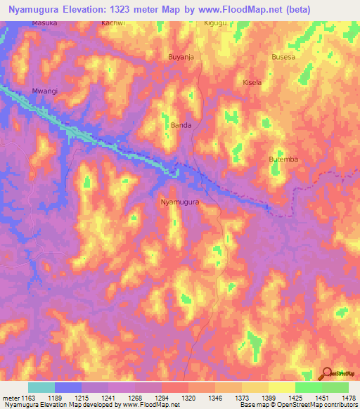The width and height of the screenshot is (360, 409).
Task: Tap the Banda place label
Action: [181, 126]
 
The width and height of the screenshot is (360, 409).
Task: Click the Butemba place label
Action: [283, 160]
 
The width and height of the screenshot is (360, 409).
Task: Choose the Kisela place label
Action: [252, 82]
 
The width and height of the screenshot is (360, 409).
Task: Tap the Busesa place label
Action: [284, 57]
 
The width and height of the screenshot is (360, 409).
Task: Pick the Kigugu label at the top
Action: [216, 23]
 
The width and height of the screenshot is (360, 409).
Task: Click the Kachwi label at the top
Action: [113, 23]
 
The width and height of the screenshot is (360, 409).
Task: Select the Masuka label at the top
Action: [44, 23]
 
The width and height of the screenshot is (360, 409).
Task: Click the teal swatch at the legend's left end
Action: [41, 387]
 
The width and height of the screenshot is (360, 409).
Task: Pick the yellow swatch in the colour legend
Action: [281, 387]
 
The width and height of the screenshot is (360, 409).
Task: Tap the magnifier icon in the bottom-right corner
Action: [328, 373]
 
